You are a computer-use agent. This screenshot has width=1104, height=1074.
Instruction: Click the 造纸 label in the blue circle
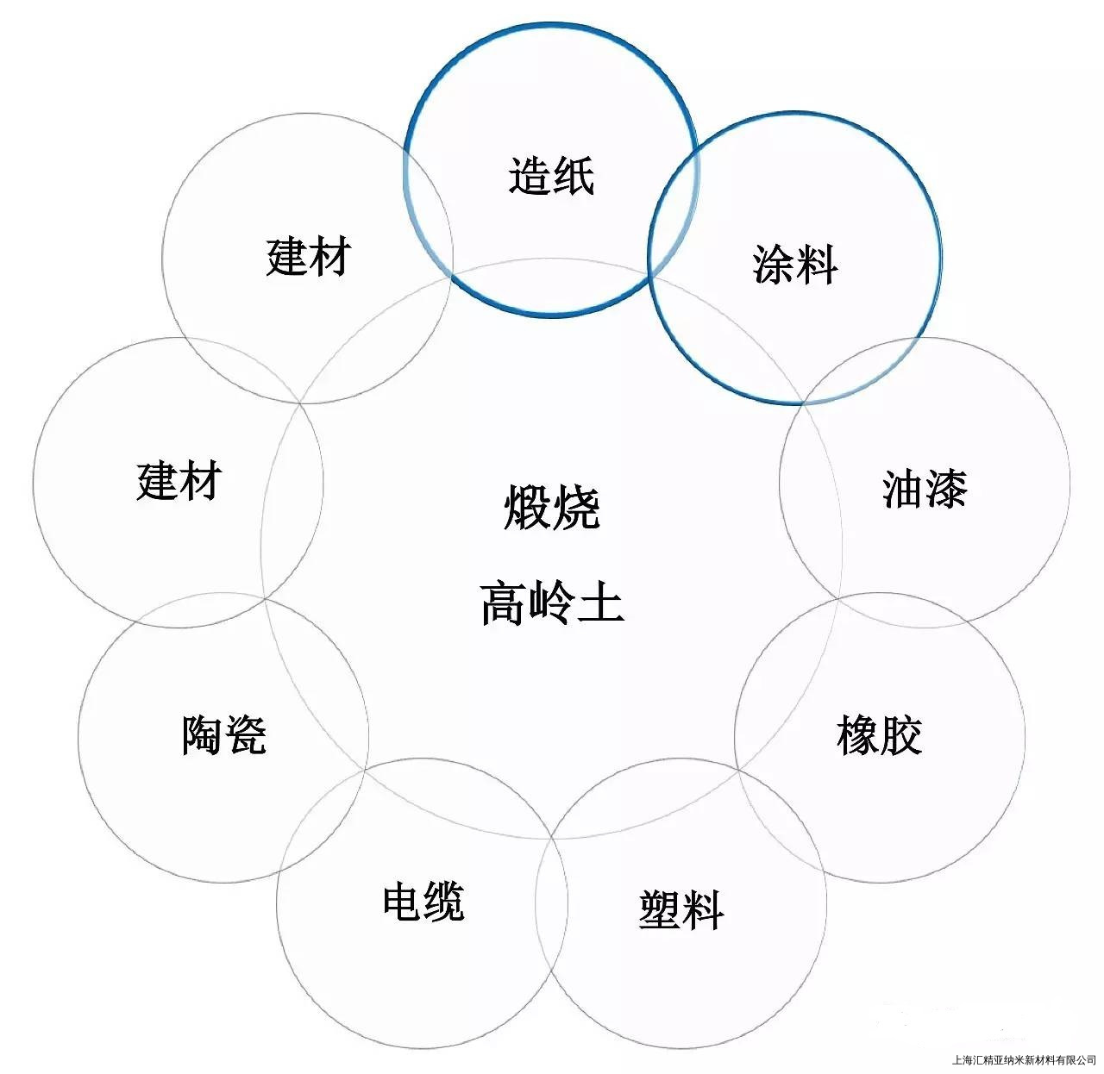(x=551, y=176)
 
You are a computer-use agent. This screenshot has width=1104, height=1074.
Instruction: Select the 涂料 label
(x=794, y=265)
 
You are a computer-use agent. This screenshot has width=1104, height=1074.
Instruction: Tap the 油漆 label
(x=925, y=489)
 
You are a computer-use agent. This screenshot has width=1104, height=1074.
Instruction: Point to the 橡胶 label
(x=879, y=735)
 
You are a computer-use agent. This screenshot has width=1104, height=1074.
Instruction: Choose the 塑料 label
(x=681, y=910)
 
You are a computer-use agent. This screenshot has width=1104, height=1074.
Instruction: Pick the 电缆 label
(x=423, y=902)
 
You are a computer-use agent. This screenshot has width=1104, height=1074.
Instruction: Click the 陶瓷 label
(x=223, y=735)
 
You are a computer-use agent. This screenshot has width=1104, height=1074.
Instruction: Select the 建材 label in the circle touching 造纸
(x=308, y=257)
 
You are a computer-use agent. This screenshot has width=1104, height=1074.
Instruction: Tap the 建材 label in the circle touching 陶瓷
(x=179, y=480)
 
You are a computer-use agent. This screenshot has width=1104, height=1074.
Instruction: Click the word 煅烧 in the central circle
(x=551, y=507)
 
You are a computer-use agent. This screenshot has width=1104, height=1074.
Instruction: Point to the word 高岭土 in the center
(x=551, y=603)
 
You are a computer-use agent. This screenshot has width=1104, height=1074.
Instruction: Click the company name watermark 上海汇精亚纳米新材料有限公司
(x=1021, y=1060)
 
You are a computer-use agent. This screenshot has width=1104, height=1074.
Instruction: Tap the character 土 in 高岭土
(x=600, y=603)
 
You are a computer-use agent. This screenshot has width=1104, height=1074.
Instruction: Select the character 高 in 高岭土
(x=503, y=603)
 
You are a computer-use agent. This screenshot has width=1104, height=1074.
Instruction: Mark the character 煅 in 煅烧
(x=527, y=507)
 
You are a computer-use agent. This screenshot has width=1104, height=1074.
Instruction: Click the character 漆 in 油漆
(x=946, y=489)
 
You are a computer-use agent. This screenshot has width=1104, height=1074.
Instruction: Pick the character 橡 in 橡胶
(x=857, y=735)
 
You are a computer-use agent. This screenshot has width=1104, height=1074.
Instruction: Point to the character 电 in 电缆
(x=401, y=902)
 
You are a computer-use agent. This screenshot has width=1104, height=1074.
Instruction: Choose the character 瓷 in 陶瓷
(x=245, y=735)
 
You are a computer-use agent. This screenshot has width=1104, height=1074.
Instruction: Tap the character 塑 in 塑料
(x=659, y=910)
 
